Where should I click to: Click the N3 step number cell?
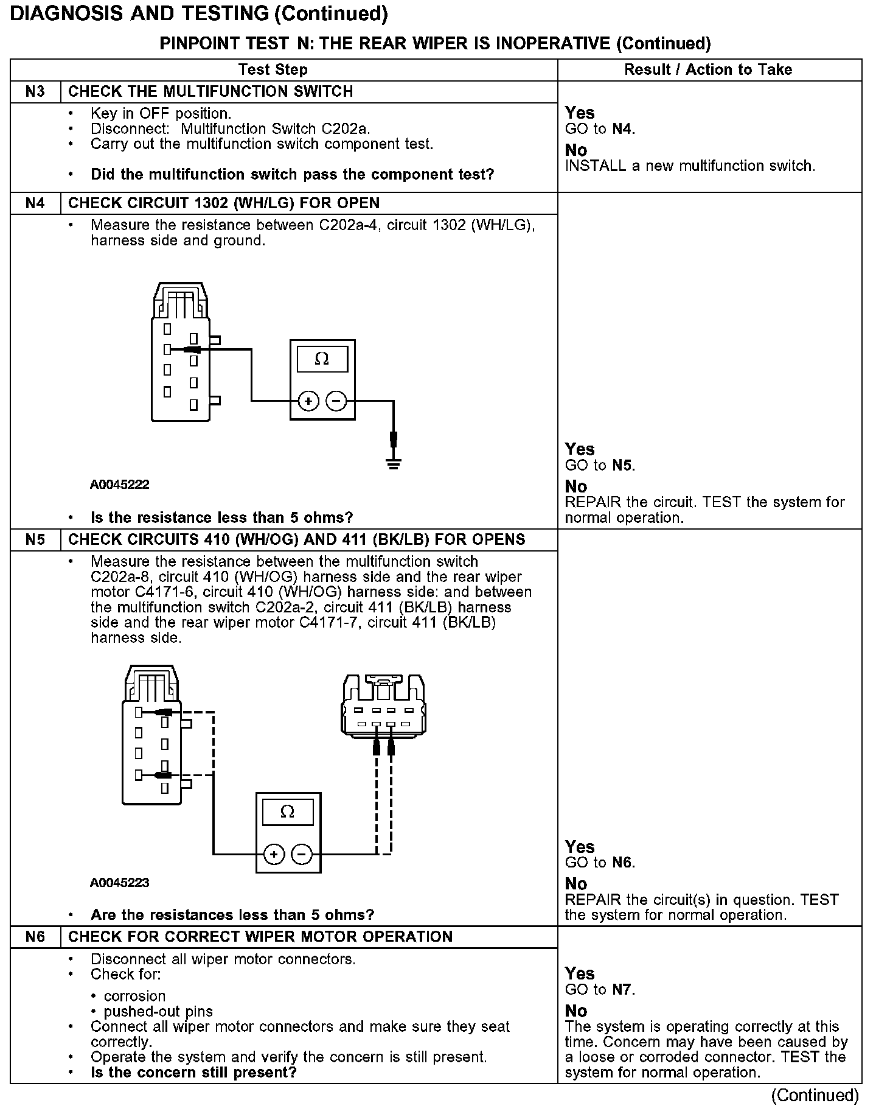(x=35, y=92)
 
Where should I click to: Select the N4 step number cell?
(x=35, y=203)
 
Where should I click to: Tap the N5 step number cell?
(x=35, y=540)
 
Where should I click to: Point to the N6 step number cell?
(x=35, y=937)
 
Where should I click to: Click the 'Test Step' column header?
(x=273, y=70)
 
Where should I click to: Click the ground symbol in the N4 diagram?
(x=394, y=464)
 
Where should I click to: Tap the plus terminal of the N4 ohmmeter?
(x=308, y=401)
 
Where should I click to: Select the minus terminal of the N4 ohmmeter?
(x=336, y=401)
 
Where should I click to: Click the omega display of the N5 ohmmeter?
(x=288, y=812)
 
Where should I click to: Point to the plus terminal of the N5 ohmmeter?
(x=274, y=854)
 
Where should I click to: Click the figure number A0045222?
(x=120, y=485)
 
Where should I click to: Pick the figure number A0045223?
(x=120, y=883)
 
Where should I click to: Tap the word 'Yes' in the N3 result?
(x=580, y=113)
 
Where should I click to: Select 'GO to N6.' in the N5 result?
(x=600, y=863)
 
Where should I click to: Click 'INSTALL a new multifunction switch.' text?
(x=690, y=166)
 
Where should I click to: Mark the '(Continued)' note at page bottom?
(x=815, y=1096)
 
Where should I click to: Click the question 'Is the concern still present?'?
(x=193, y=1072)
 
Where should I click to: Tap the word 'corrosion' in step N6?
(x=134, y=996)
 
